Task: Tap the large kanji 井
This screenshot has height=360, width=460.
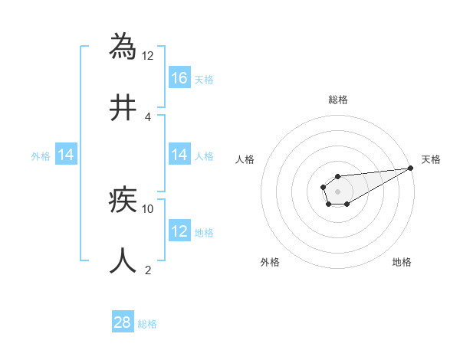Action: coord(123,108)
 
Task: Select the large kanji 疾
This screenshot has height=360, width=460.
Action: coord(123,201)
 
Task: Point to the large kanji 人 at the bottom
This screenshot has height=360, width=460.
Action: coord(123,260)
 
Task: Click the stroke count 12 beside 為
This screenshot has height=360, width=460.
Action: coord(148,55)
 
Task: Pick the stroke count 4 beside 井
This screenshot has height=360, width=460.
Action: coord(148,116)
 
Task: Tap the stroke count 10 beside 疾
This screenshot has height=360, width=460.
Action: coord(148,208)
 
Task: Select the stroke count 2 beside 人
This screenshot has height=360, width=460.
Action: coord(148,270)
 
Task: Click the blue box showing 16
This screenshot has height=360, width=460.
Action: coord(179,77)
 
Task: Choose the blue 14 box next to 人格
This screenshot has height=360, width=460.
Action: coord(179,155)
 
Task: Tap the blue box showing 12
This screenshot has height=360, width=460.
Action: coord(179,231)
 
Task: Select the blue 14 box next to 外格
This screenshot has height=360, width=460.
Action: coord(66,155)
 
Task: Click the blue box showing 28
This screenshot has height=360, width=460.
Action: coord(123,322)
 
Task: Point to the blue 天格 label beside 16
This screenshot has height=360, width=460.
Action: coord(204,79)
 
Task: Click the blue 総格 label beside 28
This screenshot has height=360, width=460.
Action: coord(147,324)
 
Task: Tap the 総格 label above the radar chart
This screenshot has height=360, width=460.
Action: coord(337,100)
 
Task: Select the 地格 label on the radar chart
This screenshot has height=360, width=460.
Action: coord(402,262)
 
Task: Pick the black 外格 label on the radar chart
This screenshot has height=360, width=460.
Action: coord(270,262)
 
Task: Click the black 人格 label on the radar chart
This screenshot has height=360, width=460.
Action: coord(245,159)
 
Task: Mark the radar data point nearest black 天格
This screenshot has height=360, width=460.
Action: coord(411,169)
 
